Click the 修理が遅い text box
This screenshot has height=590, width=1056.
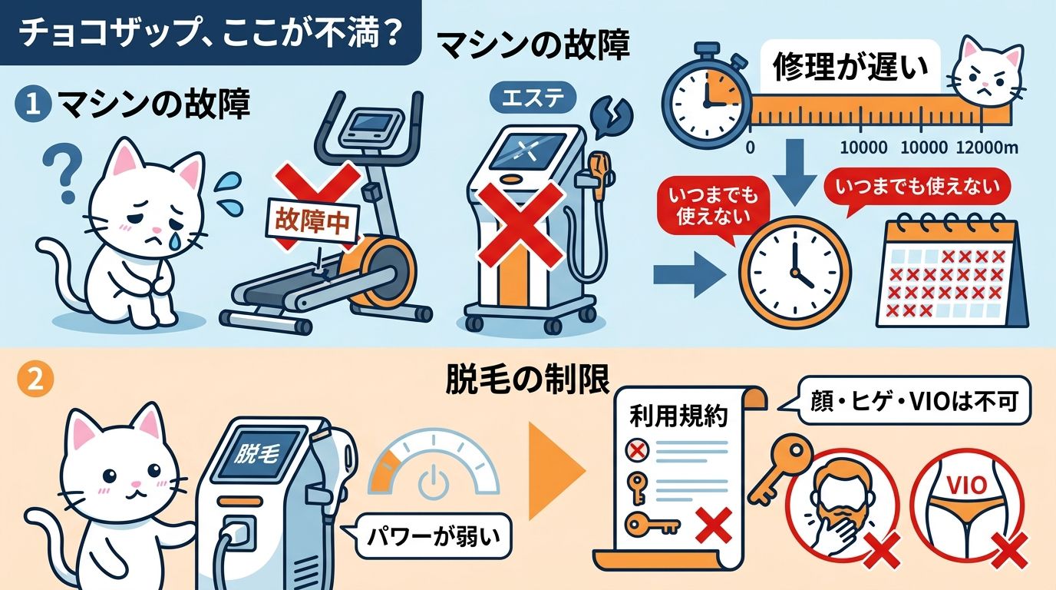coord(850,68)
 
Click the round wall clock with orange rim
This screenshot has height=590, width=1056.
coord(794,273)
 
